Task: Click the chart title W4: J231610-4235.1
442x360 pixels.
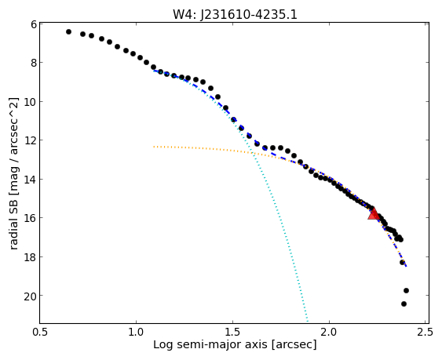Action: pos(235,14)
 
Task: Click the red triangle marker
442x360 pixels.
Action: pos(374,214)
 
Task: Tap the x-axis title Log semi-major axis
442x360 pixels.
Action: pos(210,344)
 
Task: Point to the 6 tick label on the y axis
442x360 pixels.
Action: pos(34,24)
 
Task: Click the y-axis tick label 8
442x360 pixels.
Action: pos(34,62)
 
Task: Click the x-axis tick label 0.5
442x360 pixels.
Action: pos(40,332)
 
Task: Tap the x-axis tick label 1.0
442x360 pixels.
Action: pos(136,332)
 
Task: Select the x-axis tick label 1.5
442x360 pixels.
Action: pos(232,332)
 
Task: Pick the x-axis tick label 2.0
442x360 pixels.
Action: pos(329,332)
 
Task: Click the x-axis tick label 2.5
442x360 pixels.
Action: pos(426,332)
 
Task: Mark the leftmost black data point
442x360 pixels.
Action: pos(68,32)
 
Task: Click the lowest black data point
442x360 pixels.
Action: pos(404,304)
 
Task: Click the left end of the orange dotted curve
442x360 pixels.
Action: pos(154,147)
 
